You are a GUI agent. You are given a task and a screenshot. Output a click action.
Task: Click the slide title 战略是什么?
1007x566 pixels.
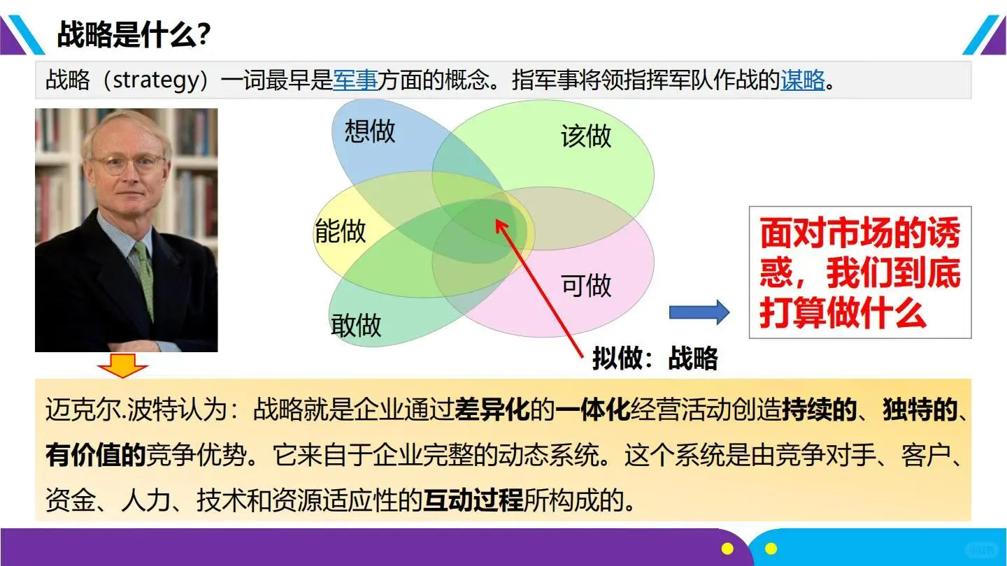(134, 34)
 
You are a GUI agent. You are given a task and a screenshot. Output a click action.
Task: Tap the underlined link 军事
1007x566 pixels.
(355, 80)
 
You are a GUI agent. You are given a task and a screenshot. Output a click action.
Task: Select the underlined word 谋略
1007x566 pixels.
(803, 80)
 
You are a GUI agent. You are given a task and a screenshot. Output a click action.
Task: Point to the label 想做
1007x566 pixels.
(370, 131)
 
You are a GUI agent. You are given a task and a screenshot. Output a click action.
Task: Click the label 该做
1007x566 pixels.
(586, 136)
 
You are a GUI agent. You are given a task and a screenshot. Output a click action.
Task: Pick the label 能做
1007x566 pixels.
(341, 231)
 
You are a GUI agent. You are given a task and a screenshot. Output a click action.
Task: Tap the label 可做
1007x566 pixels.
(586, 285)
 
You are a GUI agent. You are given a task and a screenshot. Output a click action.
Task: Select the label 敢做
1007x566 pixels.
(356, 325)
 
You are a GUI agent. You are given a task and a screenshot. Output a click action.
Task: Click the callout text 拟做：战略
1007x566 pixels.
(655, 358)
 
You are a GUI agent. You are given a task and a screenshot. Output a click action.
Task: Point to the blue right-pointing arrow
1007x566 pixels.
(699, 312)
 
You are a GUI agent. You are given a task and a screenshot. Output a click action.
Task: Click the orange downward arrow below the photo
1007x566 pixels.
(123, 365)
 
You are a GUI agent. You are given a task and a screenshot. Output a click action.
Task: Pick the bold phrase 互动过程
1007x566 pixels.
(473, 500)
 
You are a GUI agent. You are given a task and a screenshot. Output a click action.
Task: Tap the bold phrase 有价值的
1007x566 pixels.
(95, 456)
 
